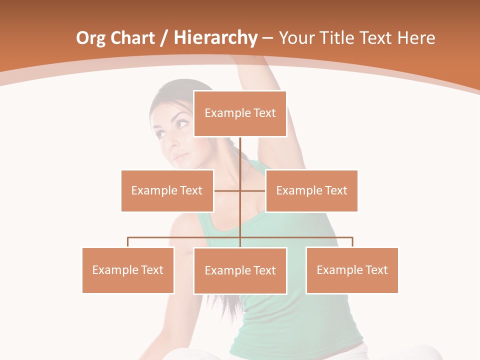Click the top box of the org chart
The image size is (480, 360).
point(240,113)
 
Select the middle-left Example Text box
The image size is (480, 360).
point(167,190)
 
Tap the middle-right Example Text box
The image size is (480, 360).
point(311,190)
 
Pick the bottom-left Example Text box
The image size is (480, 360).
point(128,270)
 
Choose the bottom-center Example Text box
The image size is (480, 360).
point(240,270)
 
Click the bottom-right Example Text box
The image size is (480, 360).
point(352,270)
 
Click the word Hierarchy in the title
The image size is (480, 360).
point(215,37)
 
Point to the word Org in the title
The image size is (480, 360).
point(89,38)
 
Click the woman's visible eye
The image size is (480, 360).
point(182,123)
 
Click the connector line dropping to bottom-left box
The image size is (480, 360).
point(128,242)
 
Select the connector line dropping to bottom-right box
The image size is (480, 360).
point(352,242)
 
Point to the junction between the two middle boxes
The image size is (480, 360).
point(240,190)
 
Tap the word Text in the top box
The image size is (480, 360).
point(264,113)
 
